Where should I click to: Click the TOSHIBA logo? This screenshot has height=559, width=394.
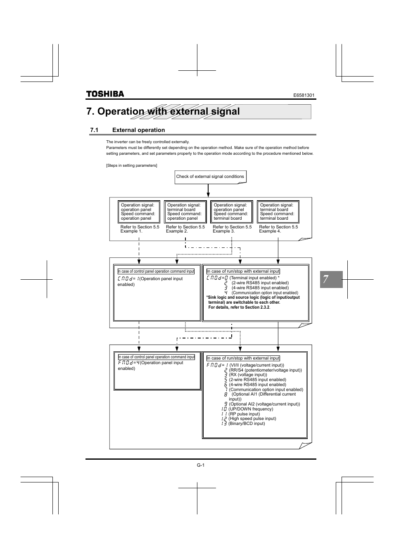pos(105,94)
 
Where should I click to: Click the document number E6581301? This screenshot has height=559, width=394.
pos(304,95)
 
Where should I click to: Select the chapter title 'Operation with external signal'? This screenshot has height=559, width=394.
pos(163,111)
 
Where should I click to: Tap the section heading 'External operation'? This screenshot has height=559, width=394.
pos(138,130)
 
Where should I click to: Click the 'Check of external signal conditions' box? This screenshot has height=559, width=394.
pos(210,177)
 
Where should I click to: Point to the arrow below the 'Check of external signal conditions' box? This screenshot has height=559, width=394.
pos(208,190)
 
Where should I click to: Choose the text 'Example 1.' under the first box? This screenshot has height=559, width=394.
pos(131,231)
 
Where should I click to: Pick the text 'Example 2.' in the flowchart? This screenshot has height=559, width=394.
pos(177,231)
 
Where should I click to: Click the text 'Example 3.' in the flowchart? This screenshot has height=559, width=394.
pos(223,231)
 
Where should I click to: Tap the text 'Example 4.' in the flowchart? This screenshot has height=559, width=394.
pos(270,231)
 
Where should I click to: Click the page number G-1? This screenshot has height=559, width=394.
pos(201,465)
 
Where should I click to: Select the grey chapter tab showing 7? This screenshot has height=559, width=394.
pos(330,279)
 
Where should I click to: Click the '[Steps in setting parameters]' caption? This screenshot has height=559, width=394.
pos(131,166)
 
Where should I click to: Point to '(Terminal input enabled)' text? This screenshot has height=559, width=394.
pos(253,278)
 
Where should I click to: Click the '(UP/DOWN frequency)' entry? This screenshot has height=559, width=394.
pos(251,409)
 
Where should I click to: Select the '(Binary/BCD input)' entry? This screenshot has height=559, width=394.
pos(247,424)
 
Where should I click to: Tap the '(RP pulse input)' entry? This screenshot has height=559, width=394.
pos(244,414)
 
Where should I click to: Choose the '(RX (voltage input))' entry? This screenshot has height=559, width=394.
pos(248,375)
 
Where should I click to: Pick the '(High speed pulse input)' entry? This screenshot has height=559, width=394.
pos(252,419)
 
